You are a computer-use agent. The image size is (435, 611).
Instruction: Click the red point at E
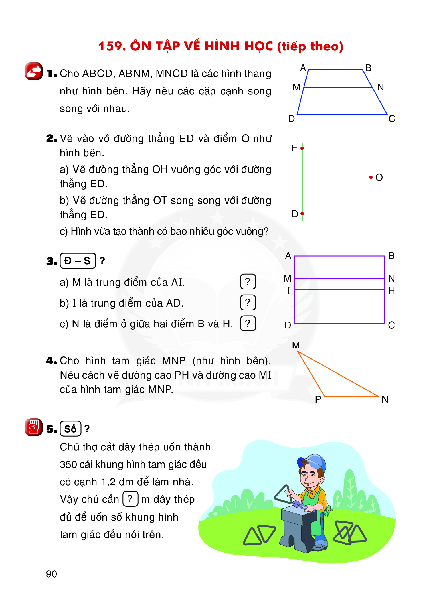(x=302, y=148)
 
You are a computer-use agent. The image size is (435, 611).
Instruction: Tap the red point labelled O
(x=371, y=178)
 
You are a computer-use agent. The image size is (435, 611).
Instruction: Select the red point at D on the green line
(x=302, y=214)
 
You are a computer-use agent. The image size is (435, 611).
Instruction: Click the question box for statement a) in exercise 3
(x=248, y=282)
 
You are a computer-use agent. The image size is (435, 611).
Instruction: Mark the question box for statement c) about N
(x=248, y=323)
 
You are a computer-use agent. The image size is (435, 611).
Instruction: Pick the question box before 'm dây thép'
(x=130, y=499)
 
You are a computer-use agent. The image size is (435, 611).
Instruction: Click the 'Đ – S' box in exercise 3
(x=78, y=261)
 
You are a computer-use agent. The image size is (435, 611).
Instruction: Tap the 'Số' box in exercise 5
(x=70, y=429)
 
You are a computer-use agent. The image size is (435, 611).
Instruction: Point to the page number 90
(x=52, y=574)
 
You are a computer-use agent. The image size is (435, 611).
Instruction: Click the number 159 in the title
(x=112, y=46)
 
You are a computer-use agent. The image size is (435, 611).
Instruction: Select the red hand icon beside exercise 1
(x=34, y=71)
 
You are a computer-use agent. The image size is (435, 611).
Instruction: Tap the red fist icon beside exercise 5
(x=34, y=427)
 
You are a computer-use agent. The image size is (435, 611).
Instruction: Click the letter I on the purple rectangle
(x=288, y=291)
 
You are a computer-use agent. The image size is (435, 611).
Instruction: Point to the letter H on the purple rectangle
(x=391, y=291)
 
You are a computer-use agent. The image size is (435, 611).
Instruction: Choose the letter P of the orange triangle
(x=318, y=399)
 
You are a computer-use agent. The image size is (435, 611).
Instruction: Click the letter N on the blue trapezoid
(x=380, y=87)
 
